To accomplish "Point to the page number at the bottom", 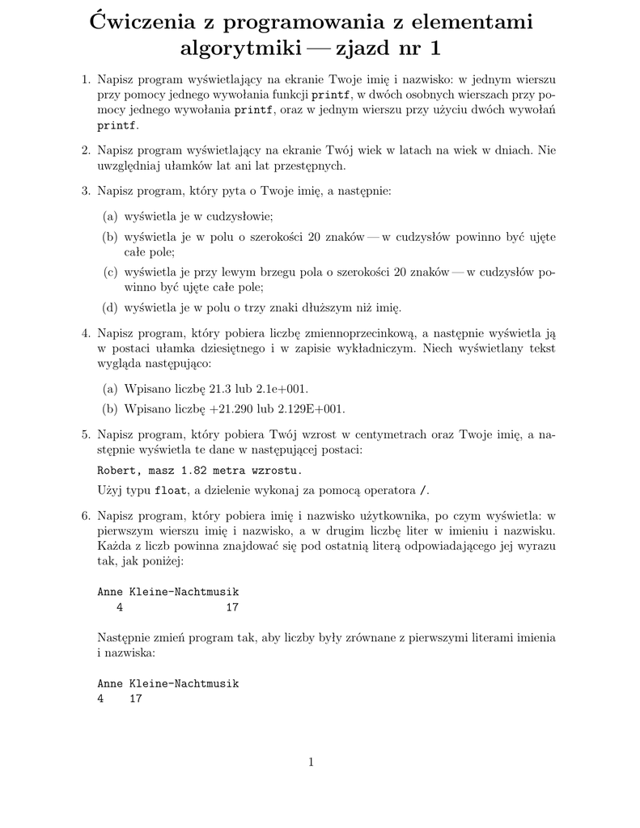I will click(311, 761).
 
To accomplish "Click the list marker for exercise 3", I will click(85, 191).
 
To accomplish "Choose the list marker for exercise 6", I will click(85, 515).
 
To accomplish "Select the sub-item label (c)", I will click(110, 272).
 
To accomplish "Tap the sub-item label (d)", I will click(110, 307).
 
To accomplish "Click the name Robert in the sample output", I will click(117, 470).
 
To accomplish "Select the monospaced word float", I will click(171, 490).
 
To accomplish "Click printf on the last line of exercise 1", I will click(117, 126).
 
